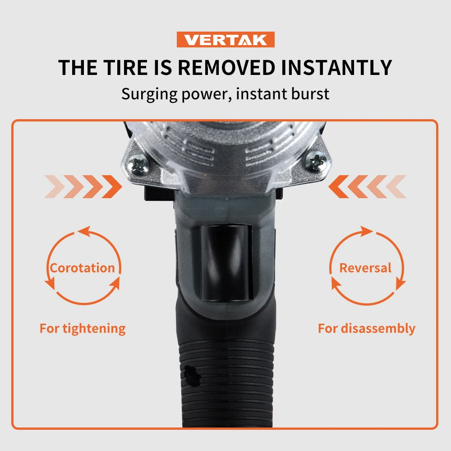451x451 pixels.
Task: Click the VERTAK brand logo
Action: tap(225, 40)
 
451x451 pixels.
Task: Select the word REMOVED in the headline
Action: tap(226, 68)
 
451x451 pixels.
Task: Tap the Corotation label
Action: tap(82, 268)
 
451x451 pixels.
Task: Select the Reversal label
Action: tap(365, 268)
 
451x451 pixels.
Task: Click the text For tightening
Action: tap(83, 328)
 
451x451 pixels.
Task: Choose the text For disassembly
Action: tap(366, 328)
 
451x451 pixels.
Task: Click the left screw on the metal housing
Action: tap(139, 163)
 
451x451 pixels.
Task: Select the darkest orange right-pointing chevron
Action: tap(112, 187)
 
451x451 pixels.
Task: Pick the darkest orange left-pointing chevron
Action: tap(338, 187)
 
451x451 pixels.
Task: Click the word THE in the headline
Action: tap(77, 68)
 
